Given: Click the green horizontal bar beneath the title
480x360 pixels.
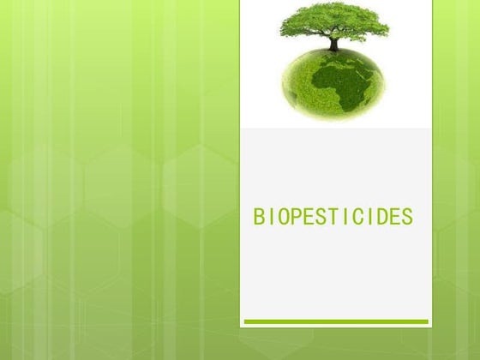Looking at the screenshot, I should coord(335,322).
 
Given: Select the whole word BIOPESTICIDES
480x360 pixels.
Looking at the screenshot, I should coord(333,218).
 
